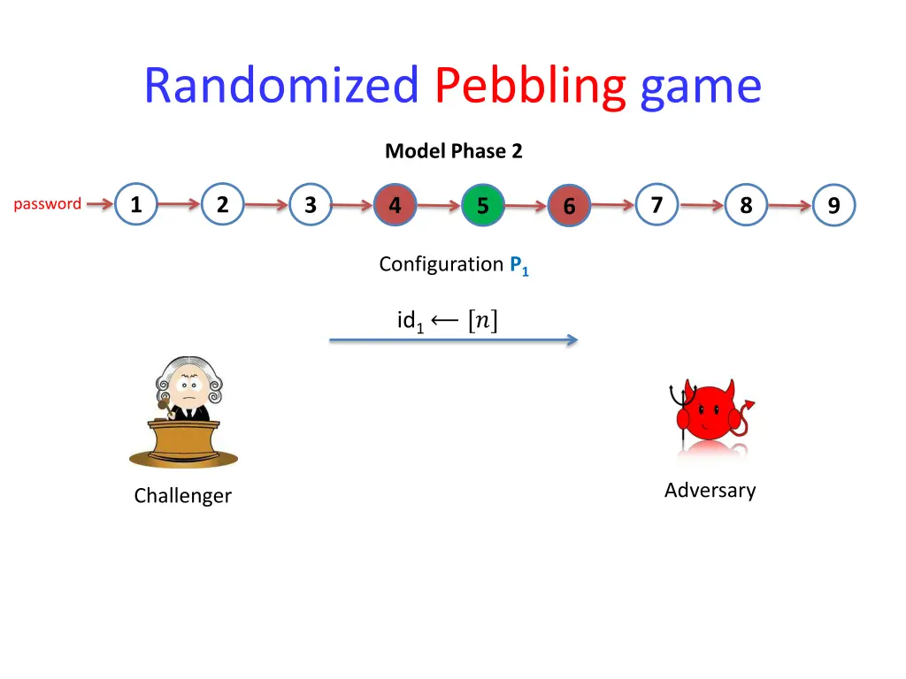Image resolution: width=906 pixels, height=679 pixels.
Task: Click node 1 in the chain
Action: point(135,204)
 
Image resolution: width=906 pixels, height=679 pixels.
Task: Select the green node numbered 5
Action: point(483,206)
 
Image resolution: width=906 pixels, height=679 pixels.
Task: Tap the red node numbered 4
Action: point(395,205)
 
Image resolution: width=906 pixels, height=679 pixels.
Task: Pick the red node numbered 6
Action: point(570,206)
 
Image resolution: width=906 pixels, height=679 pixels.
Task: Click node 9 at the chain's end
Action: point(833,206)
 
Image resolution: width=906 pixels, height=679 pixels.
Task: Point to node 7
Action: point(656,204)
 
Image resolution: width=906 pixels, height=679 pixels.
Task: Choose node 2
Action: point(222,204)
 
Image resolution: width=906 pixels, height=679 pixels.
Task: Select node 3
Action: point(310,205)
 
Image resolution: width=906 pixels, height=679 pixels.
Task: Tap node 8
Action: point(746,205)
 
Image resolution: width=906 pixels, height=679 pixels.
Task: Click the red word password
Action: point(48,204)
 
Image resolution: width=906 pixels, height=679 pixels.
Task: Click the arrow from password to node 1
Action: point(100,204)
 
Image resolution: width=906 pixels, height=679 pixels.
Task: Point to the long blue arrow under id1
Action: point(453,339)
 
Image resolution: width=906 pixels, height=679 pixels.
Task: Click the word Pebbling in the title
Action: point(530,86)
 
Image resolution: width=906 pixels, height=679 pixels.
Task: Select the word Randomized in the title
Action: point(281,86)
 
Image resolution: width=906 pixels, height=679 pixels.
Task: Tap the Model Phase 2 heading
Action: point(454,151)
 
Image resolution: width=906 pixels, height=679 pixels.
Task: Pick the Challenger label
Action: point(182,496)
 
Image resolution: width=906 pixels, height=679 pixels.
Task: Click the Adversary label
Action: point(710,490)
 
